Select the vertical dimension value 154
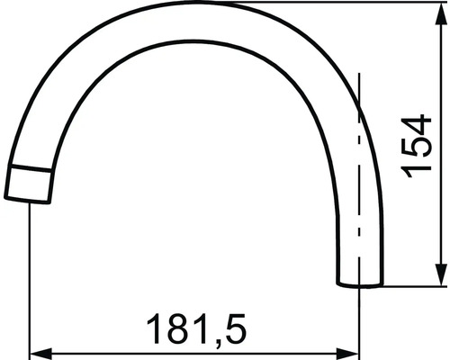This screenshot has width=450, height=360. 417,146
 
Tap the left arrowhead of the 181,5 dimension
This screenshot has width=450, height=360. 39,353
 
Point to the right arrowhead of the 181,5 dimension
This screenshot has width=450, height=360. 351,353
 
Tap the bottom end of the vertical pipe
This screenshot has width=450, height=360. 360,285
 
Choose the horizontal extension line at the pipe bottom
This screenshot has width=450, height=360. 414,286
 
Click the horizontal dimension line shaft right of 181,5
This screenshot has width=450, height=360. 297,353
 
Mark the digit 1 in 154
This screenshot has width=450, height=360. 417,170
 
